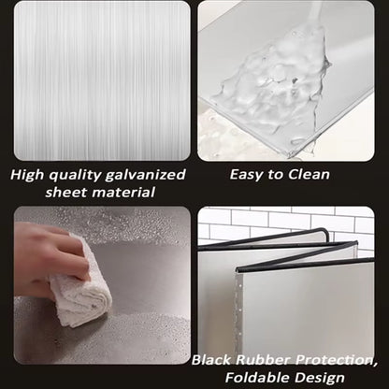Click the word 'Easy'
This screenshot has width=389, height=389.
tap(248, 174)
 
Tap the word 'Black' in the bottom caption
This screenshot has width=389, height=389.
tap(217, 360)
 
